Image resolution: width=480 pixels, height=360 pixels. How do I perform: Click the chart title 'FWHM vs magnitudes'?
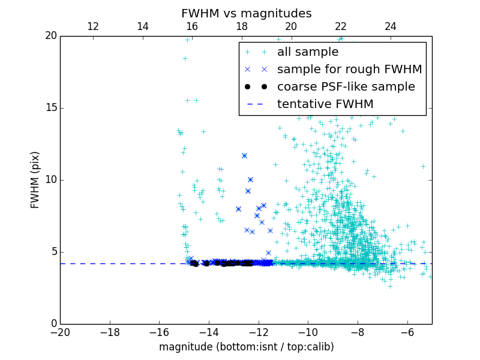[246, 13]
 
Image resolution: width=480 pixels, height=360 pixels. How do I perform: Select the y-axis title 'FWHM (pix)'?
[35, 179]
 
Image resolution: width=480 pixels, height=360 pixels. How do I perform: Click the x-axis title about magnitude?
[246, 347]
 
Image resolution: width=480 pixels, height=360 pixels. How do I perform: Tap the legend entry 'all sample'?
[308, 52]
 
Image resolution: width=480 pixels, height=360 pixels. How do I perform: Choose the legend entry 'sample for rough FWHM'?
[349, 70]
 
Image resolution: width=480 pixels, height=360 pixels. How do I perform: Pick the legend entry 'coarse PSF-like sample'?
[346, 87]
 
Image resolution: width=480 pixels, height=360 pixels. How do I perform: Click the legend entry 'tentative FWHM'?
[325, 104]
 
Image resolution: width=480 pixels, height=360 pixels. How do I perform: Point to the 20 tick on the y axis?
[50, 36]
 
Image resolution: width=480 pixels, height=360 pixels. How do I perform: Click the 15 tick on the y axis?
[50, 108]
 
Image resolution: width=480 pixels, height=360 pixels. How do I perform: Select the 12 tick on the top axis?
[93, 26]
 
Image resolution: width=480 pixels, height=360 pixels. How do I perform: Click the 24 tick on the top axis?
[391, 26]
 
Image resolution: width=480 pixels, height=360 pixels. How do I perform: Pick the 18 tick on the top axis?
[242, 26]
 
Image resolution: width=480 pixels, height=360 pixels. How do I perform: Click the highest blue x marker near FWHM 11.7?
[244, 155]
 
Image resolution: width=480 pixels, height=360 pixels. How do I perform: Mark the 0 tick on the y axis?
[53, 324]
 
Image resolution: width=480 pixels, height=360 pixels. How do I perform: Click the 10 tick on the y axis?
[50, 180]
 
